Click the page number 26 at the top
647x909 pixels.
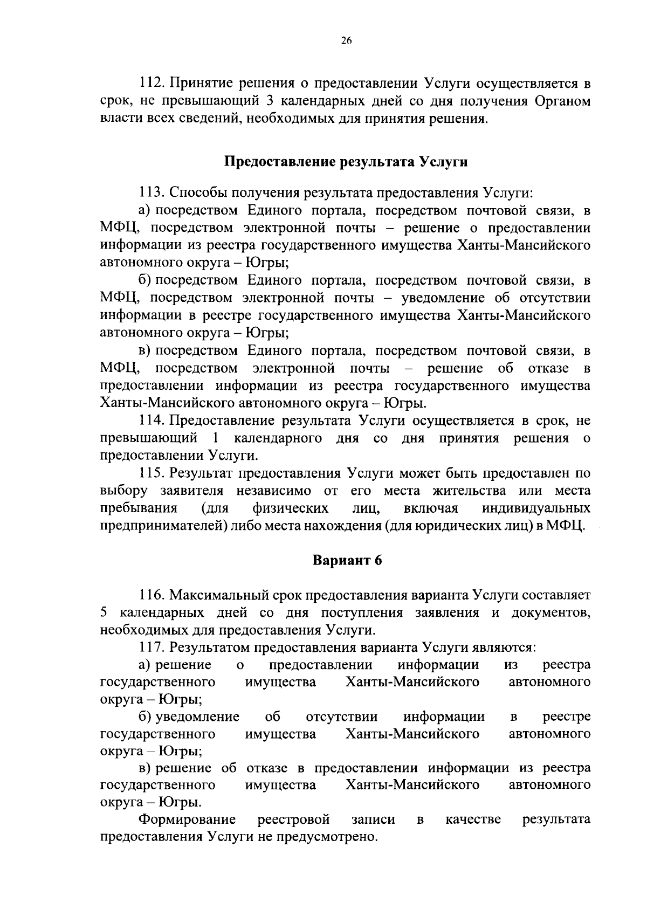coord(346,40)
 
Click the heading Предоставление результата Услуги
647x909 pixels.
coord(346,162)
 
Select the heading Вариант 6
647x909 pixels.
coord(347,560)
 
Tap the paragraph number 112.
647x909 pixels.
coord(151,84)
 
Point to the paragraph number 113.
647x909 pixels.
coord(151,192)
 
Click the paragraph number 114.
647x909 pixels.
coord(151,421)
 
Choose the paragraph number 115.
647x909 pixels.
coord(151,473)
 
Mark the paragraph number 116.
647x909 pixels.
coord(151,595)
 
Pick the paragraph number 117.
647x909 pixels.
coord(151,648)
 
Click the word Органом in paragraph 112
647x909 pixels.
coord(563,101)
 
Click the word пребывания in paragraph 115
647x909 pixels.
coord(139,508)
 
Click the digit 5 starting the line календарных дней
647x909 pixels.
coord(104,613)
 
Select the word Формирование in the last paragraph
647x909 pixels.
coord(187,820)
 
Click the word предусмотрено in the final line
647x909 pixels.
coord(338,837)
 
